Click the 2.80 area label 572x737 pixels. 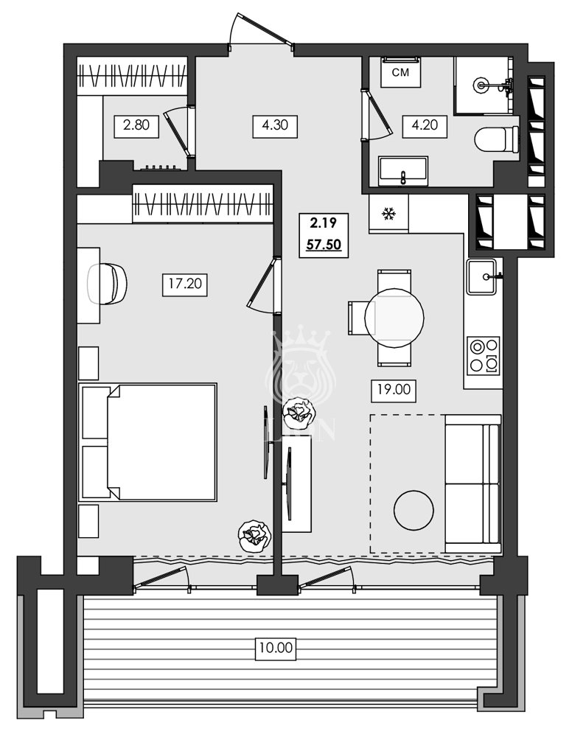click(136, 125)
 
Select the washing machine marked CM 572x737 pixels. click(400, 72)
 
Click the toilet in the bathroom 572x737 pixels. click(496, 140)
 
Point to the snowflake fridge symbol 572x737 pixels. click(388, 214)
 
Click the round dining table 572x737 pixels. click(394, 318)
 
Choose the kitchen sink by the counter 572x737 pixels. click(484, 277)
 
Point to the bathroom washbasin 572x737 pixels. click(403, 172)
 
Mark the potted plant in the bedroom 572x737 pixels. click(254, 534)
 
